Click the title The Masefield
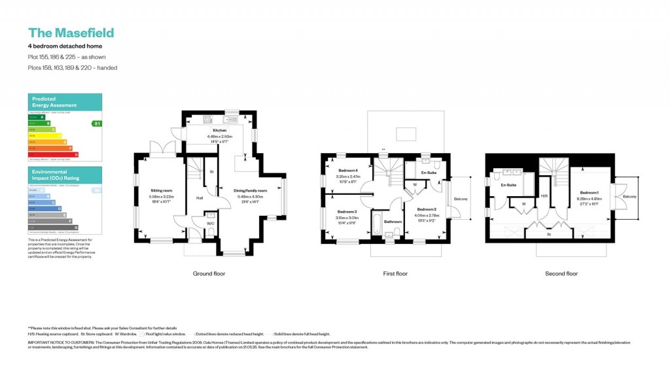tap(71, 33)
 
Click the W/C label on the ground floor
tap(210, 224)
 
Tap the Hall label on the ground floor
tap(198, 197)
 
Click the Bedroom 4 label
tap(347, 171)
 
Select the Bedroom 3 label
tap(347, 212)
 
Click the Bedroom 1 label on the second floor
tap(589, 192)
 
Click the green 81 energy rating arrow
tap(97, 123)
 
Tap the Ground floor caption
tap(209, 273)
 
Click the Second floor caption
tap(561, 273)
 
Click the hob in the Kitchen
tap(208, 120)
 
